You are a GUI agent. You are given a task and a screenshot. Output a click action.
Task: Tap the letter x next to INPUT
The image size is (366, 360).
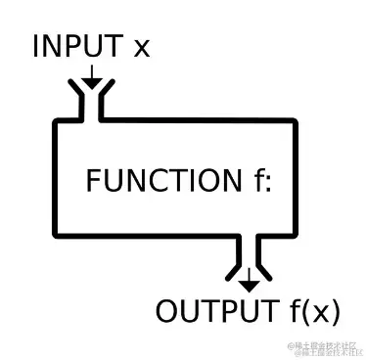(141, 49)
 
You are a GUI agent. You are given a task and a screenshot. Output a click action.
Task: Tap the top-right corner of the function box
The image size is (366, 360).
(296, 122)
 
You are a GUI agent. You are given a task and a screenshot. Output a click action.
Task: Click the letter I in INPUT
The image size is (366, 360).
(37, 46)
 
